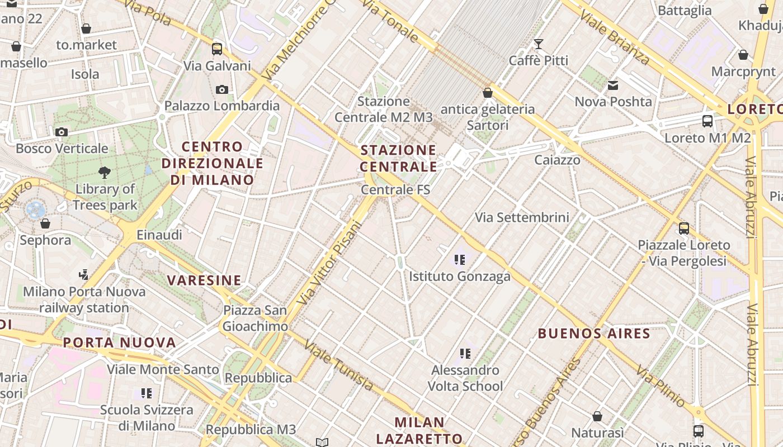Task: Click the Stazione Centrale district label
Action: [398, 158]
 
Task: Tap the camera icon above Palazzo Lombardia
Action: [222, 89]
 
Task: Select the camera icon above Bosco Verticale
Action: [62, 132]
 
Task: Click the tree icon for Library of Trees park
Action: [105, 172]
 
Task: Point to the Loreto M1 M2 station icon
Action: [707, 121]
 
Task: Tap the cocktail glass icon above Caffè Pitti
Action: [539, 44]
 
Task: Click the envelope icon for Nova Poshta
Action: [614, 85]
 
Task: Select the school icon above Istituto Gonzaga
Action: [460, 259]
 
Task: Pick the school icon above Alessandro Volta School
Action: [465, 353]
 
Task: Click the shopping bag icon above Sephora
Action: [45, 223]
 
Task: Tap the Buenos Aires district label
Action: [594, 334]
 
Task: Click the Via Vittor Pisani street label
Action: [329, 263]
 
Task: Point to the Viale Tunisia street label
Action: [339, 366]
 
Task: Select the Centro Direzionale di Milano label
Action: [213, 163]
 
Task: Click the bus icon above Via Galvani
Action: [217, 49]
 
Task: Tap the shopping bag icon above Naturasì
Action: [597, 416]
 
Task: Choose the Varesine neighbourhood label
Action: [204, 280]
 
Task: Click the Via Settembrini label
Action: [522, 217]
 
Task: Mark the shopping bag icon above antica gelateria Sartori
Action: [488, 93]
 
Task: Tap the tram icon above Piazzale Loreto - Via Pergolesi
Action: [684, 228]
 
